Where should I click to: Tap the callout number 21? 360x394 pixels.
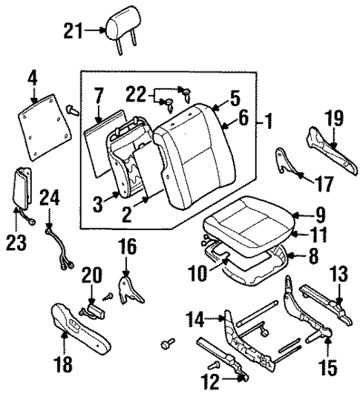pos(73,30)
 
